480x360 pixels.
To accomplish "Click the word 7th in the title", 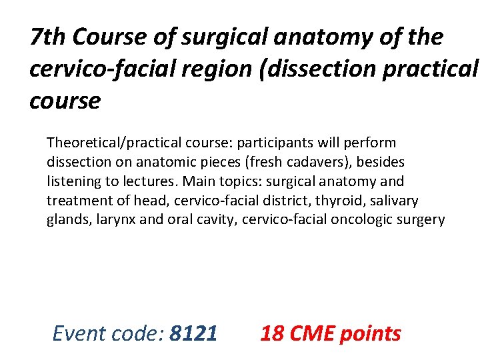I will pyautogui.click(x=49, y=37).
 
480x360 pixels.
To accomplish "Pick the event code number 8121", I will pyautogui.click(x=193, y=333).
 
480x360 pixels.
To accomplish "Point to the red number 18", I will pyautogui.click(x=271, y=333).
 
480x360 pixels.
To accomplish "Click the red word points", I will pyautogui.click(x=371, y=333).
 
